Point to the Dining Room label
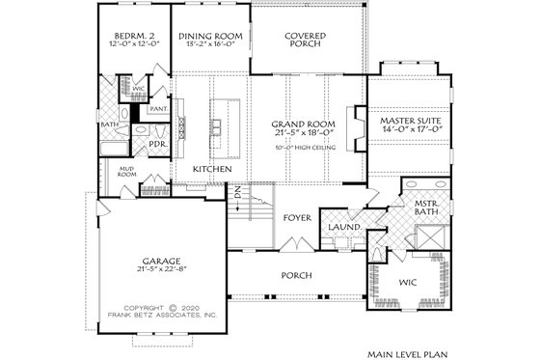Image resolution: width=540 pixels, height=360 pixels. click(x=210, y=37)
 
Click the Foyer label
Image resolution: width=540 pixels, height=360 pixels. click(x=295, y=217)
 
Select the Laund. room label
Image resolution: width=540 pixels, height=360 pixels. click(x=344, y=228)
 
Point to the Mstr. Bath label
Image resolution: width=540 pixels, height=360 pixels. click(x=428, y=209)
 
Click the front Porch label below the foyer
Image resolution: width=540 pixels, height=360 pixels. click(x=296, y=275)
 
